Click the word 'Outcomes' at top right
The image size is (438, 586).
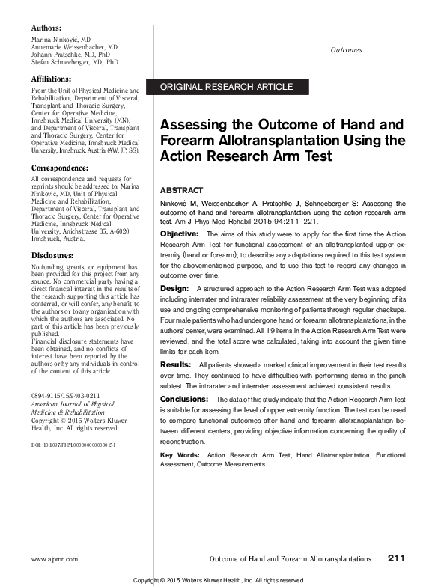345,50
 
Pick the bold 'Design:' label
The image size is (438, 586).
174,287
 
